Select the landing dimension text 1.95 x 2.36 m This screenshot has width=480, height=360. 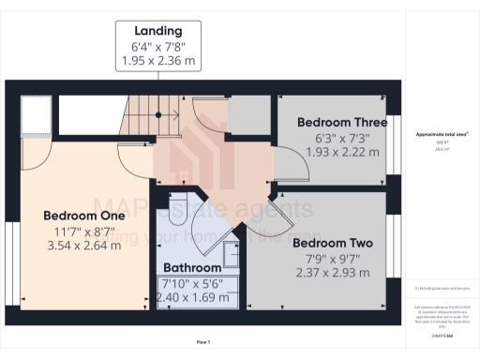tap(157, 62)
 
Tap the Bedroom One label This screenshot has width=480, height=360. tap(83, 216)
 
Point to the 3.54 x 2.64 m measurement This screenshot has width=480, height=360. tap(83, 246)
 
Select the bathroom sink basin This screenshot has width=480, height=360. tap(231, 254)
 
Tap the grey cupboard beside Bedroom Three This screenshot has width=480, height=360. tap(248, 115)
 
